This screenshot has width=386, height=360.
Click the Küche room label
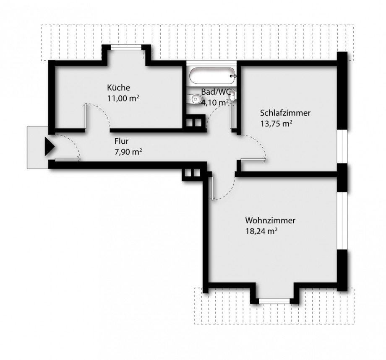(x=118, y=88)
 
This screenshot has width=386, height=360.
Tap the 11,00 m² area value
(x=123, y=98)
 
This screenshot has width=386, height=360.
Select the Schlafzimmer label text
(x=285, y=113)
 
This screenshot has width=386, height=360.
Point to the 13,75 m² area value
(x=276, y=123)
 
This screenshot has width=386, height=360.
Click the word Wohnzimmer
(x=271, y=220)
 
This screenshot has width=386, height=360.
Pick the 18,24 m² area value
(x=262, y=231)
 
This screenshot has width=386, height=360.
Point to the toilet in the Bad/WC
(x=194, y=99)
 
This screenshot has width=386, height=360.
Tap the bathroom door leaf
(x=232, y=117)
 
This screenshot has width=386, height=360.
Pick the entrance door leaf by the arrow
(x=67, y=158)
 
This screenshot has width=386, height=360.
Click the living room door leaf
(x=212, y=187)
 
